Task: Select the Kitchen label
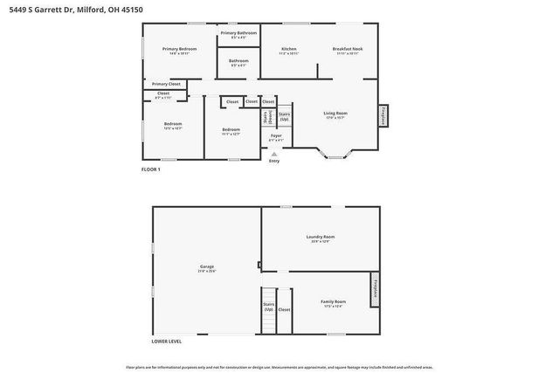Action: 289,50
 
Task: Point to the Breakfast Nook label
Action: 347,50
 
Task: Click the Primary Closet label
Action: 166,84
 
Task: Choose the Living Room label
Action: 336,114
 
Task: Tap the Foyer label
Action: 276,137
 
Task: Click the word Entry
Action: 274,161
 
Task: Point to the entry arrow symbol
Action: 274,154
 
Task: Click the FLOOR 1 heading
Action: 151,169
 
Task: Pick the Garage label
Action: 206,267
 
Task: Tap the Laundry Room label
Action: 320,238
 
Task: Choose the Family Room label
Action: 333,302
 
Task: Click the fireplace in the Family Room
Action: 376,289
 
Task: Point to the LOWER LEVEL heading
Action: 166,341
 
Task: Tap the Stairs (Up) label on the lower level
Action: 269,307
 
